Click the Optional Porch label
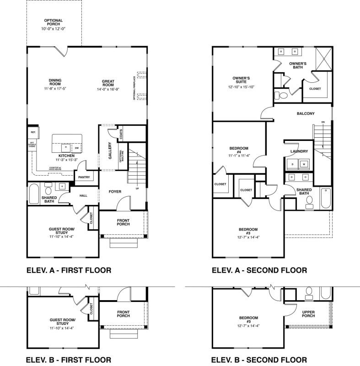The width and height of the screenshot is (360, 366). (54, 22)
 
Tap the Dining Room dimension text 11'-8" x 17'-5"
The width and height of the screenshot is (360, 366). (55, 88)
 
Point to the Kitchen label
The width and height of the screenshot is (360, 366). (66, 156)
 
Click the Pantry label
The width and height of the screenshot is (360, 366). (84, 177)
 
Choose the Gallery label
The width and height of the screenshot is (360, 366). (110, 151)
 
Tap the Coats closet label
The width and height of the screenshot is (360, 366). (121, 135)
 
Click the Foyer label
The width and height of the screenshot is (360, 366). (115, 192)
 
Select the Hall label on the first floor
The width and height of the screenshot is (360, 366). (83, 196)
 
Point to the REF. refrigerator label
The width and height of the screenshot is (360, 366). (33, 133)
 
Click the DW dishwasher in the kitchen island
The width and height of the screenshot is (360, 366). (76, 148)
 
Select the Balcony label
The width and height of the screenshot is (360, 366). (305, 113)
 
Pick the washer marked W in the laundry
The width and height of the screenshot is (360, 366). (303, 163)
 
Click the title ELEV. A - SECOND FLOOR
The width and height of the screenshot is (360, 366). (259, 270)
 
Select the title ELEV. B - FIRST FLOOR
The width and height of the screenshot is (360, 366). (68, 359)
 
